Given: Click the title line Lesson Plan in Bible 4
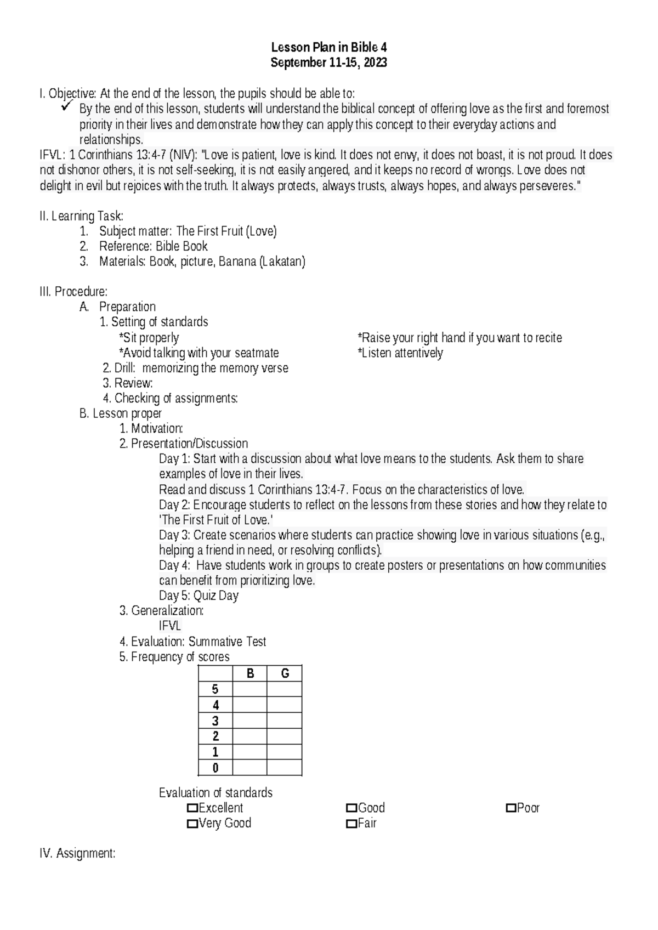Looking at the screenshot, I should coord(329,48).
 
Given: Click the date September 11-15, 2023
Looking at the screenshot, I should coord(329,63).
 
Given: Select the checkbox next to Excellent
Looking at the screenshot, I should coord(192,808).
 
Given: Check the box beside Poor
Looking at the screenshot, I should coord(510,808).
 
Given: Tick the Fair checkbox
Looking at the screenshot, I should coord(351,823).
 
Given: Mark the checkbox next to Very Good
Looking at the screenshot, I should coord(192,823).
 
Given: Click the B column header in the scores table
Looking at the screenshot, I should coord(250,673).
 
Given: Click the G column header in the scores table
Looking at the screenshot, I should coord(285,673).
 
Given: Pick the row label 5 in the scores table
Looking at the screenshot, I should coord(215,689).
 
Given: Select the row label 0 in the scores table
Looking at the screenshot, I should coord(215,768).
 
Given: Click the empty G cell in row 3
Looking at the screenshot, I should coord(285,721).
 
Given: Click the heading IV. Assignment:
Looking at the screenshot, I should coord(77,853).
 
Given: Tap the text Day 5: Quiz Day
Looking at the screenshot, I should coord(198,596).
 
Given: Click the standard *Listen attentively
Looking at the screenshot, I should coord(400,353).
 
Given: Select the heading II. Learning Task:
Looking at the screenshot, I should coord(81,216).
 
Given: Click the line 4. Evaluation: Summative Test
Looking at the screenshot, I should coord(193,642).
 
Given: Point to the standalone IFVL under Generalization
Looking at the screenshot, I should coord(169,626).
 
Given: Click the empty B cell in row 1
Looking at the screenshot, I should coord(250,752).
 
